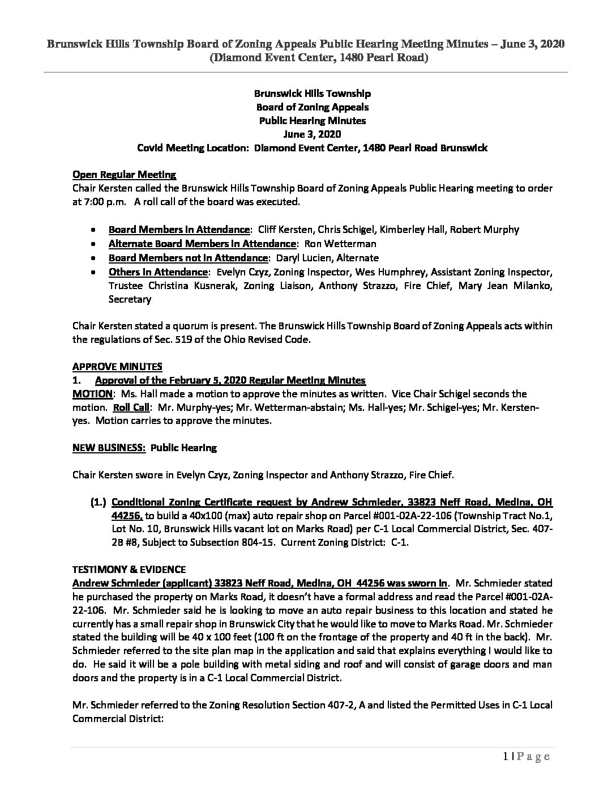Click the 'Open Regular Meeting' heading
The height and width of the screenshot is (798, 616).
(124, 175)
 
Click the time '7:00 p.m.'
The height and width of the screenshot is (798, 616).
(100, 202)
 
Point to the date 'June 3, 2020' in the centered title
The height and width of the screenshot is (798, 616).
(312, 134)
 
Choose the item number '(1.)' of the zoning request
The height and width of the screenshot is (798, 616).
(99, 502)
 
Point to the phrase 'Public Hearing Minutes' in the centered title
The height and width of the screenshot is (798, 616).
(312, 121)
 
